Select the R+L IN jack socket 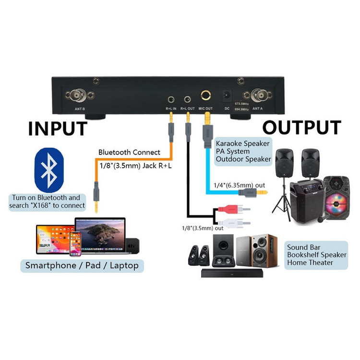(171, 100)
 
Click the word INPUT (57, 128)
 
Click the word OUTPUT (301, 128)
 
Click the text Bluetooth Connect (129, 152)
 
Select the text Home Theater (310, 263)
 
